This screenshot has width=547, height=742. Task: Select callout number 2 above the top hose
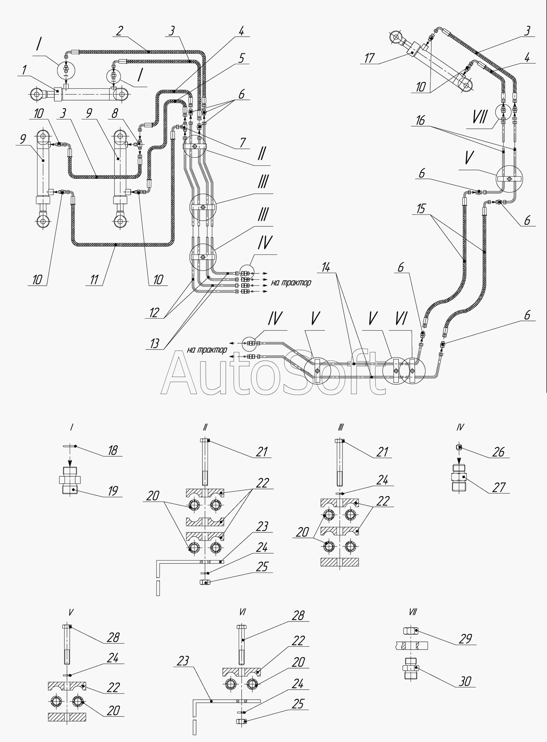[x=119, y=31]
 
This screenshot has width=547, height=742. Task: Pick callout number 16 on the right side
[x=421, y=121]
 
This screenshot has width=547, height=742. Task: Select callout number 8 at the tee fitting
[x=115, y=114]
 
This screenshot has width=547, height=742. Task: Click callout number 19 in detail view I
[x=113, y=491]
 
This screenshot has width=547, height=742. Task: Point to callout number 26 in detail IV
[x=499, y=452]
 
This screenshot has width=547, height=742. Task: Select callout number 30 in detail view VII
[x=465, y=681]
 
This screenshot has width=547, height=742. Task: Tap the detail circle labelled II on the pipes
[x=195, y=147]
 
